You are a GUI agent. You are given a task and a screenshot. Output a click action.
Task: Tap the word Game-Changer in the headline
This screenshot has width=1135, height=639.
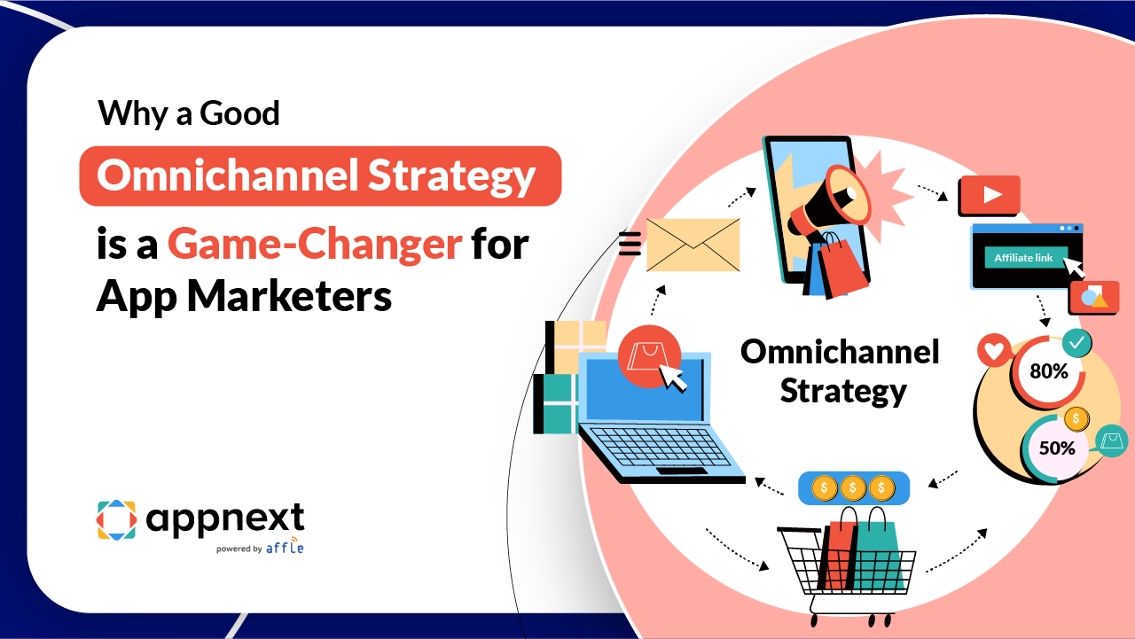tap(315, 243)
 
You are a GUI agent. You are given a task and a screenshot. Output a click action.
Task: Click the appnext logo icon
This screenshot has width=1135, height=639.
tap(116, 519)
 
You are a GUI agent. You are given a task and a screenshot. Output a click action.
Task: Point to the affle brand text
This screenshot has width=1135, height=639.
tap(285, 547)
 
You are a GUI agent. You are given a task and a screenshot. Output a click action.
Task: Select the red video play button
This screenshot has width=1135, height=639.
tap(989, 196)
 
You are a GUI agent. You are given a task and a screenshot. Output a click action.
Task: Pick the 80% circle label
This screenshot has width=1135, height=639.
tap(1048, 370)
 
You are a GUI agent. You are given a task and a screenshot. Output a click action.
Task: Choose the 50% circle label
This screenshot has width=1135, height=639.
tap(1057, 448)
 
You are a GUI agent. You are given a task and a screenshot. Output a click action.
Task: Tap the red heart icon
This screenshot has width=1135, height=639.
tap(994, 351)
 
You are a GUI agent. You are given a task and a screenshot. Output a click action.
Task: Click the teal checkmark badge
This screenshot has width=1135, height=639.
tap(1077, 341)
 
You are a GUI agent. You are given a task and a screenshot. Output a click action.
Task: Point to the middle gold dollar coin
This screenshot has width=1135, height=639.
tap(853, 487)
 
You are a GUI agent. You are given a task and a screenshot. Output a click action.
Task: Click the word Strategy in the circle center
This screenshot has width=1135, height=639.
tap(842, 391)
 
